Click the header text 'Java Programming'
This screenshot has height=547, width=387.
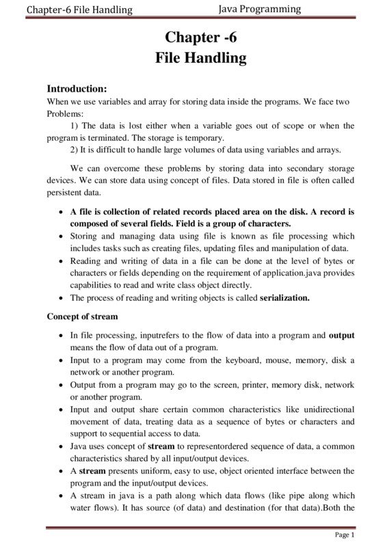(261, 9)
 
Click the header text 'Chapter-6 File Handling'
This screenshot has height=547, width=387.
(79, 10)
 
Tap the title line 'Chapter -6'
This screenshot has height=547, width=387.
(200, 37)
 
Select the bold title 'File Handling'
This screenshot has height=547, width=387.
(200, 57)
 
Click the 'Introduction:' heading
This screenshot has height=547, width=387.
(77, 88)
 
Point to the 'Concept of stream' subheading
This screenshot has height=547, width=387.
(82, 317)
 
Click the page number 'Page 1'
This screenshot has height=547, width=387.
(344, 534)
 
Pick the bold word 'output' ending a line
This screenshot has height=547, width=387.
(341, 335)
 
